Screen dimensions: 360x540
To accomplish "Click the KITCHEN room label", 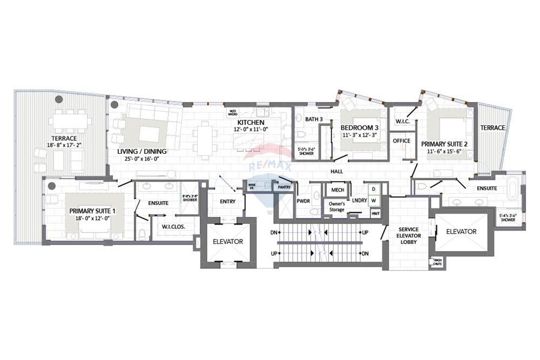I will pyautogui.click(x=249, y=123).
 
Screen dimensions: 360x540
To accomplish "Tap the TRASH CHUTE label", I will pyautogui.click(x=437, y=263).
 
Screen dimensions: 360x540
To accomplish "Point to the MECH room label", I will pyautogui.click(x=337, y=190).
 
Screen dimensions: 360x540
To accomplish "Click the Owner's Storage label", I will pyautogui.click(x=337, y=206).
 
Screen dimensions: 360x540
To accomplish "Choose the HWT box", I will pyautogui.click(x=375, y=214).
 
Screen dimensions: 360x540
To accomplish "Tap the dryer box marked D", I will pyautogui.click(x=373, y=189).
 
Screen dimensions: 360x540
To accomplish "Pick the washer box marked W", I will pyautogui.click(x=373, y=201).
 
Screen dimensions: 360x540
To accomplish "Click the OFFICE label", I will pyautogui.click(x=401, y=141).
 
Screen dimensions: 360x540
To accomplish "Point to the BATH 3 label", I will pyautogui.click(x=314, y=119).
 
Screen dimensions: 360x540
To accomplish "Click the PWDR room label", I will pyautogui.click(x=302, y=201).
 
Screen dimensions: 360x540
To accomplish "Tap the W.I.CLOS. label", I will pyautogui.click(x=173, y=227).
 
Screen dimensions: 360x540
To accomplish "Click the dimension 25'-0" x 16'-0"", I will pyautogui.click(x=142, y=159).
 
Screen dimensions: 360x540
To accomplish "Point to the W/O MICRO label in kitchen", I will pyautogui.click(x=233, y=113).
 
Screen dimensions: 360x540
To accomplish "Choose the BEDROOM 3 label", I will pyautogui.click(x=359, y=128).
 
